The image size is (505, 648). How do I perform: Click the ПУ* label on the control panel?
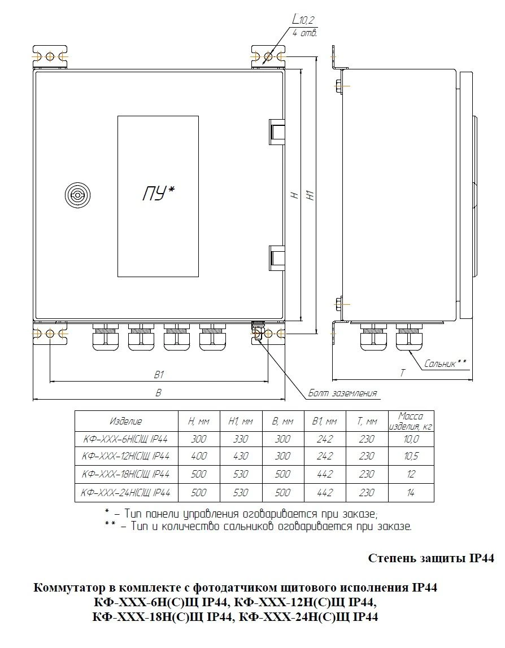(x=158, y=194)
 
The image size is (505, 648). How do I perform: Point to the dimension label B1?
(x=159, y=374)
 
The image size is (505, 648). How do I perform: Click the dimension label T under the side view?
(x=403, y=373)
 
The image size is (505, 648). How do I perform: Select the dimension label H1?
(x=310, y=195)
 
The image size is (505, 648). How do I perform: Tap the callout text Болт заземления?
(x=342, y=393)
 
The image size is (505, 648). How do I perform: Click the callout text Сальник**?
(x=446, y=364)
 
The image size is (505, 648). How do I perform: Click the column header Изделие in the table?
(x=126, y=421)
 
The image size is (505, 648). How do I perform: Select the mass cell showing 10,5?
(x=411, y=456)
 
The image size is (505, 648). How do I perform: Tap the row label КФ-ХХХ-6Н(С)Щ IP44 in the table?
(x=126, y=439)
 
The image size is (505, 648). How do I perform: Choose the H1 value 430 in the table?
(x=240, y=456)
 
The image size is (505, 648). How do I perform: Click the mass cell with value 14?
(x=411, y=492)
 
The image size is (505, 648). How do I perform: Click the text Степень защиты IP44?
(x=431, y=559)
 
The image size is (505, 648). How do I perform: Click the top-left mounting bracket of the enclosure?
(x=50, y=57)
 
